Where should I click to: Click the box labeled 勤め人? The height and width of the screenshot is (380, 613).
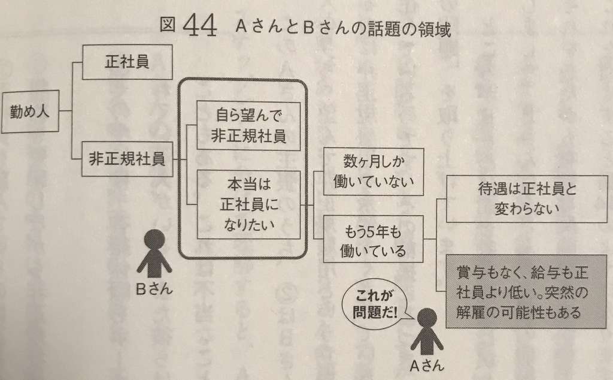click(x=31, y=111)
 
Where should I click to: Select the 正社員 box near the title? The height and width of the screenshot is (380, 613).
click(x=127, y=63)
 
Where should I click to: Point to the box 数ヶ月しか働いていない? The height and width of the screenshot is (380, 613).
click(x=373, y=171)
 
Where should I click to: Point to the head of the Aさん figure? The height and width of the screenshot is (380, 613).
click(x=426, y=318)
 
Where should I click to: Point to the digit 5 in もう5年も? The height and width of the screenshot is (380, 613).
click(x=371, y=230)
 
